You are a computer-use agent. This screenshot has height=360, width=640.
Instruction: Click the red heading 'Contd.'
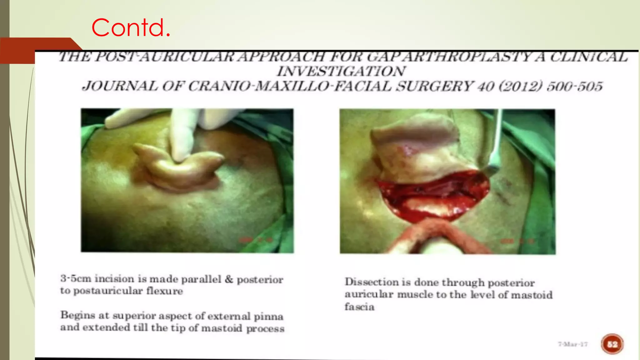point(131,27)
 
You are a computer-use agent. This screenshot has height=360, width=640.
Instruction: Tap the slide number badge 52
point(612,344)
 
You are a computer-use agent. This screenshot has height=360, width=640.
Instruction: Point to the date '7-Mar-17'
point(573,344)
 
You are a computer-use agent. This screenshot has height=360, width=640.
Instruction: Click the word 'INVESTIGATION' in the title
point(341,71)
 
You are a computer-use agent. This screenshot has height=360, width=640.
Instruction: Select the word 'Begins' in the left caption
point(78,315)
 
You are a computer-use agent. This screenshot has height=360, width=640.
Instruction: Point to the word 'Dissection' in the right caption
point(372,282)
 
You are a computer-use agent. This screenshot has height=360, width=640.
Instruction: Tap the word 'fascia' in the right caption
point(359,307)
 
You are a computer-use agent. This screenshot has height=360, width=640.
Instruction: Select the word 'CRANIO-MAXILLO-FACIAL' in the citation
point(289,86)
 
